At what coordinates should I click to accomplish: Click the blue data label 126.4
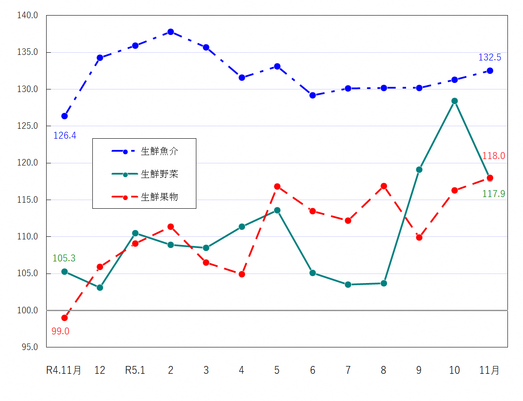(65, 136)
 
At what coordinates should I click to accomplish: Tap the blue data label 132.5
(490, 57)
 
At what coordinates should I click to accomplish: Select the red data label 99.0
(60, 331)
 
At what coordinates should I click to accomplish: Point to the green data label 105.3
(64, 258)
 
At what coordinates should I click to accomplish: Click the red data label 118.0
(493, 156)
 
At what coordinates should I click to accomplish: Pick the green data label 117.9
(493, 194)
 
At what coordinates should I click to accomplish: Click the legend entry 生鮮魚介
(159, 151)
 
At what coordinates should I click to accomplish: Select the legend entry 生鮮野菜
(159, 174)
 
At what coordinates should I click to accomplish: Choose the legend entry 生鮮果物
(159, 197)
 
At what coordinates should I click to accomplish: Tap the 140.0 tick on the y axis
(28, 16)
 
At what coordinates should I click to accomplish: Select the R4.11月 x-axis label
(64, 370)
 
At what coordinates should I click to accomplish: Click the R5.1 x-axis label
(135, 370)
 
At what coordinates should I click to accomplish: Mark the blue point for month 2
(171, 32)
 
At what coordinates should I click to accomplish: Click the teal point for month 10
(454, 101)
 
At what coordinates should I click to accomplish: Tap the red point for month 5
(277, 186)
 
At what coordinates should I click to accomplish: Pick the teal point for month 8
(384, 283)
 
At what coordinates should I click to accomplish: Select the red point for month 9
(419, 237)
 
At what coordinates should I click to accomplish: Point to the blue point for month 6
(312, 95)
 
